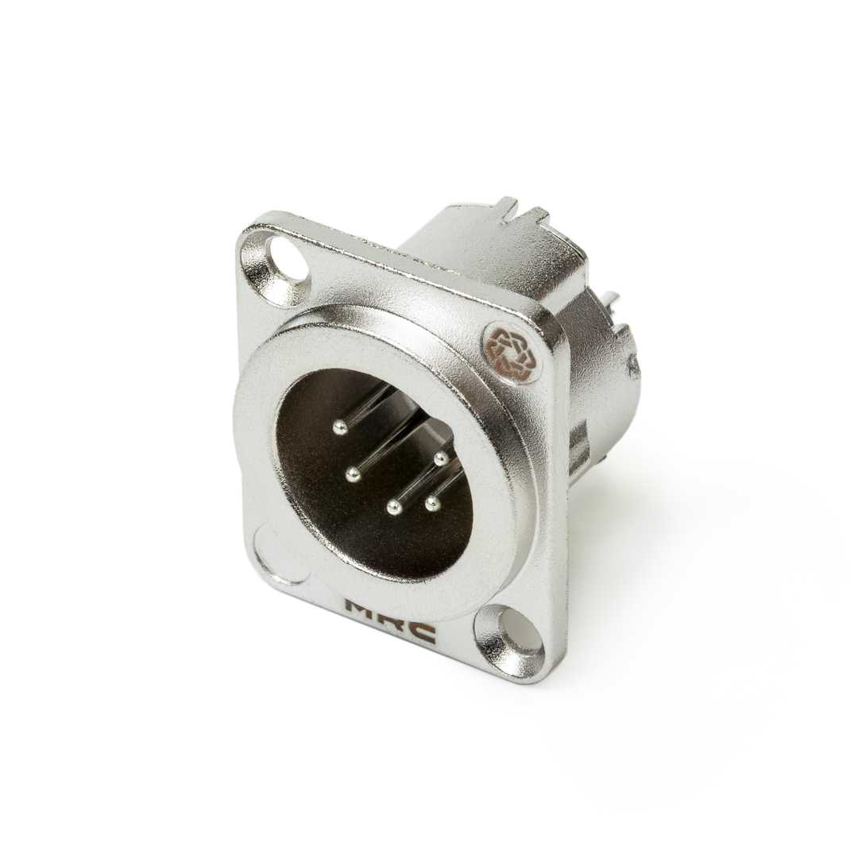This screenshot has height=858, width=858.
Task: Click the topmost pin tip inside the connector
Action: tap(342, 427)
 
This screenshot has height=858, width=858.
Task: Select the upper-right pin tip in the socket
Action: tap(440, 458)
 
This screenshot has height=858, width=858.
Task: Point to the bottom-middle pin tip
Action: tap(394, 507)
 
